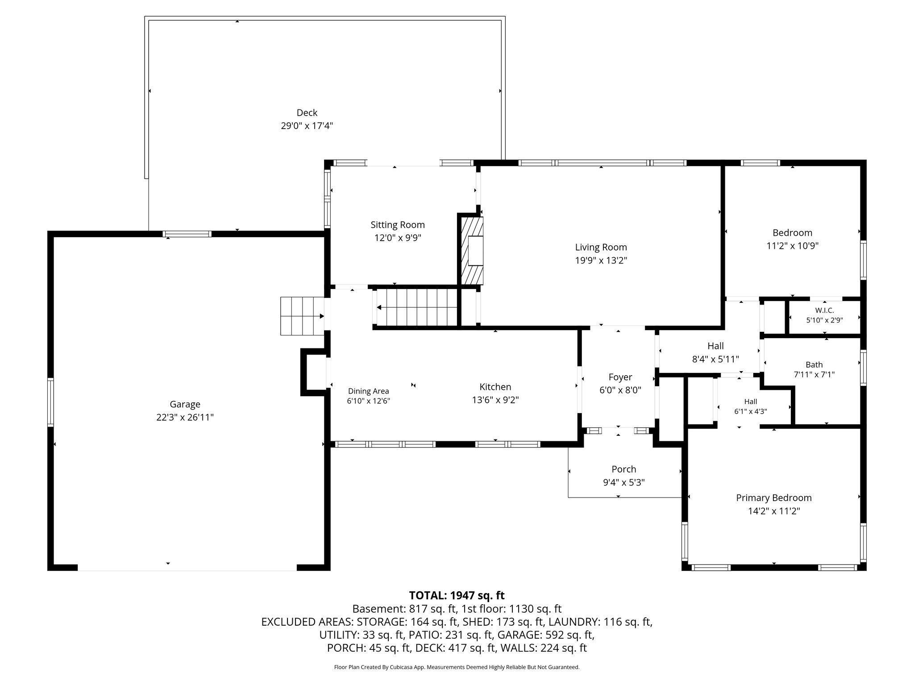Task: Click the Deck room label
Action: point(307,113)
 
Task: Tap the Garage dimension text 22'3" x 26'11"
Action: point(185,417)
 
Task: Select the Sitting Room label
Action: point(398,225)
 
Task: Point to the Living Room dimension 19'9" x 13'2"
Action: point(601,260)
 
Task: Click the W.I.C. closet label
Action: point(824,310)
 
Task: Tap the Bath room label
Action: point(814,365)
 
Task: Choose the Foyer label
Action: point(620,377)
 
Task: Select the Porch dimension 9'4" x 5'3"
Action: point(623,482)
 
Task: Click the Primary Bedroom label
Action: point(774,498)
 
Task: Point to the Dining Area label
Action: point(369,391)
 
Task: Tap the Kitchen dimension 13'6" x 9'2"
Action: point(495,400)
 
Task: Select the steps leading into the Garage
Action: point(302,316)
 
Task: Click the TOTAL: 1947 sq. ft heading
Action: point(457,595)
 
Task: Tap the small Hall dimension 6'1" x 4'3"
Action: point(751,411)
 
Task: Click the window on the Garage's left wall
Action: point(50,402)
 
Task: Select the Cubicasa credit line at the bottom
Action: point(457,667)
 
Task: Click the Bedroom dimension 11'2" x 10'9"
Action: point(793,246)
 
